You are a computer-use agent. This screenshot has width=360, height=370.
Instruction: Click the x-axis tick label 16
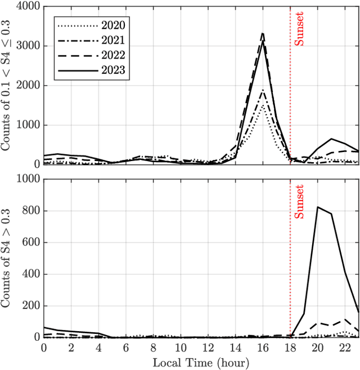tap(263, 347)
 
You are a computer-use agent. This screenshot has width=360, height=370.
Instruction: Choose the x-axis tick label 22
tap(345, 347)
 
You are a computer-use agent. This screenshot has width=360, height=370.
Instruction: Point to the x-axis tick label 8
tap(153, 347)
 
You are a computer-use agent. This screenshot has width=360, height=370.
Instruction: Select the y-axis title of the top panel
tap(10, 86)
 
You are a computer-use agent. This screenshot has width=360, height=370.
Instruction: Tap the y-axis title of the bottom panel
tap(10, 258)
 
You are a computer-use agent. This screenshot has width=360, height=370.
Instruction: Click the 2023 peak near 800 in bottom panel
tap(318, 207)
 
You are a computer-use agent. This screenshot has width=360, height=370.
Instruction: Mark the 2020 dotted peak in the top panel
tap(263, 106)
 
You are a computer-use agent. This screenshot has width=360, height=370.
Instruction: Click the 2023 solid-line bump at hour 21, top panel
tap(331, 139)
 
